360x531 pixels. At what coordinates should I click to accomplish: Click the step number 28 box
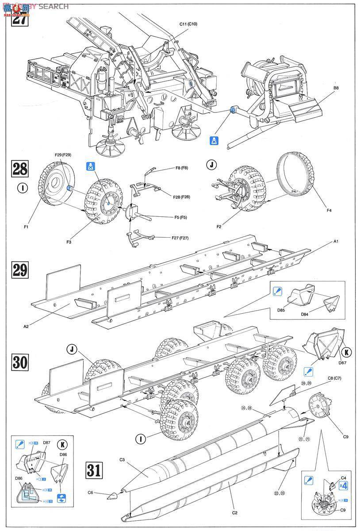[x=20, y=169]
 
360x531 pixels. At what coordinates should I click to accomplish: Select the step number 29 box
[x=20, y=270]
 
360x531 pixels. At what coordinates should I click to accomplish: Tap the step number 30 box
[x=20, y=362]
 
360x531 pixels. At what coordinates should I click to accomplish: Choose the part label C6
[x=91, y=493]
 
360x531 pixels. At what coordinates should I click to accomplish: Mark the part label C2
[x=235, y=512]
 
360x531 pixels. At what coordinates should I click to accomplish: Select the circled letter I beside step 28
[x=19, y=187]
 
